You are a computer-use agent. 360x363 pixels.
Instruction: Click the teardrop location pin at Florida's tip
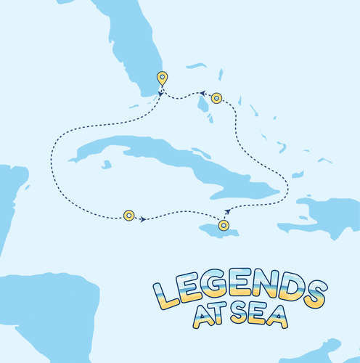162,78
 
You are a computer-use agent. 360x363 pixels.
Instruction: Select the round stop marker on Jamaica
224,226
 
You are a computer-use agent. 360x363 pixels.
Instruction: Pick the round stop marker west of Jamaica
128,215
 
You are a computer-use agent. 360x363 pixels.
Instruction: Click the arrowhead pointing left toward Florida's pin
204,93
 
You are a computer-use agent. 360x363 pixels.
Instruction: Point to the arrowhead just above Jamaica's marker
227,211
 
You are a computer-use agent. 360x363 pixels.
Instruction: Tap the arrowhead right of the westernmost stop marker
143,218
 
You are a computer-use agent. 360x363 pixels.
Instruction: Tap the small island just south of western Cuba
107,164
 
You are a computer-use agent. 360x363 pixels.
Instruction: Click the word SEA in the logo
258,316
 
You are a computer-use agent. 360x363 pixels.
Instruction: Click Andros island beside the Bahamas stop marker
204,104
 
